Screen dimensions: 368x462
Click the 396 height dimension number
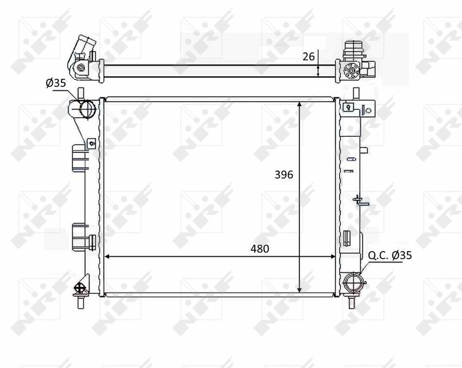[284, 175]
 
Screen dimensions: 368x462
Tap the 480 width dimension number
[260, 248]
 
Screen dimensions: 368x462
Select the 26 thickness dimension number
[309, 56]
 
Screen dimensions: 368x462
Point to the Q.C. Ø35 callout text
[391, 255]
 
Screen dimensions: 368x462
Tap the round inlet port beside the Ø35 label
[85, 109]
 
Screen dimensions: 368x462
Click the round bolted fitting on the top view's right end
[352, 69]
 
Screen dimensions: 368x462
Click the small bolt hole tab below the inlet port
[91, 144]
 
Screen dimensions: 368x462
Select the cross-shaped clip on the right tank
[358, 199]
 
